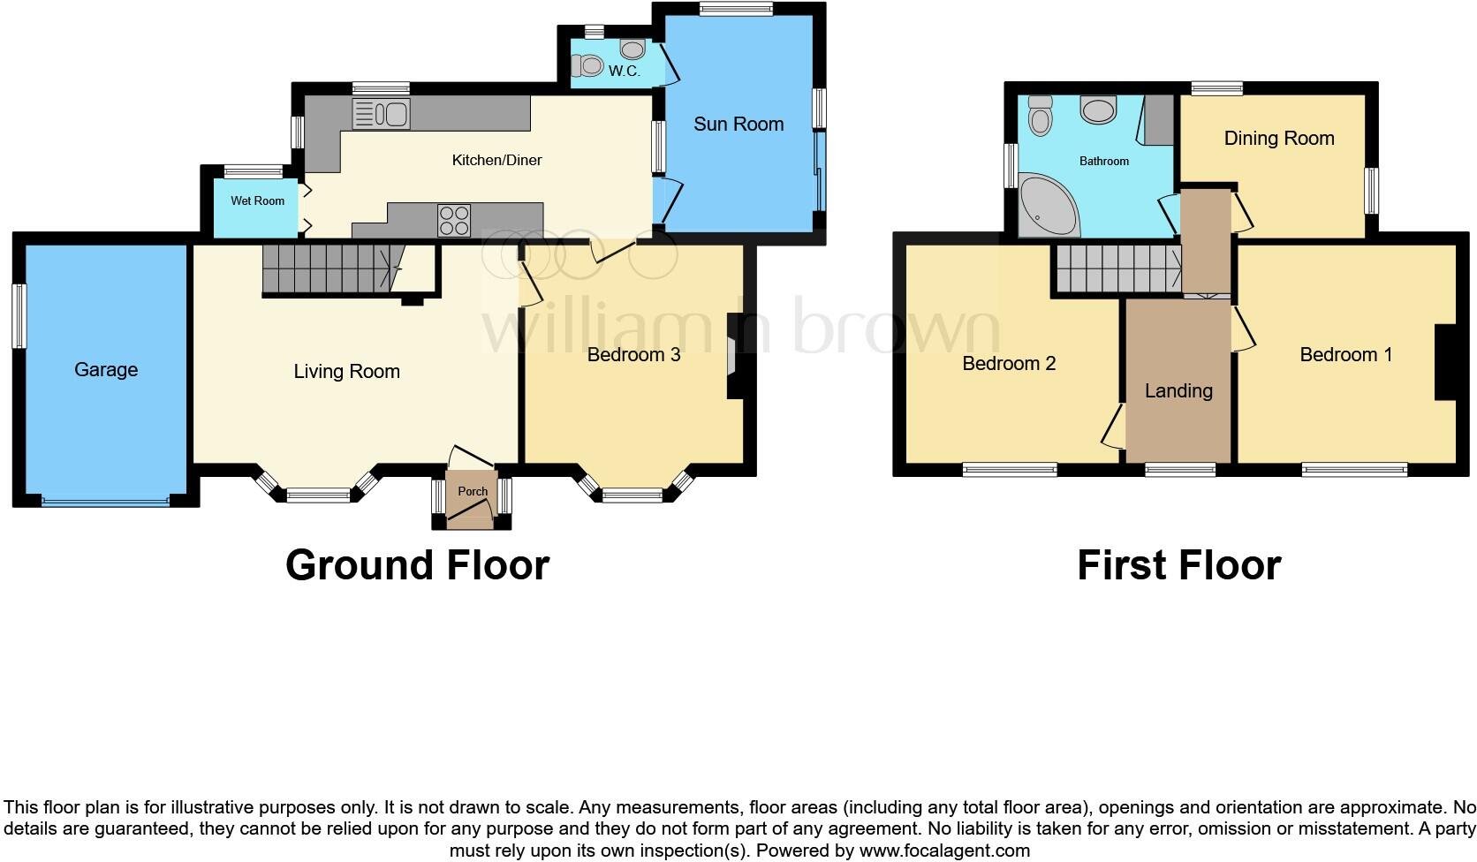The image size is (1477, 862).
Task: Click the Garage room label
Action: click(106, 370)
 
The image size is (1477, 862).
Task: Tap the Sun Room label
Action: click(738, 125)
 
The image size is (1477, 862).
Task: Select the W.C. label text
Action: click(625, 72)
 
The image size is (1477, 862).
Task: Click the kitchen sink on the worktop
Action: click(381, 114)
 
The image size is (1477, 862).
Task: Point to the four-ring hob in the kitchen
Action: click(454, 220)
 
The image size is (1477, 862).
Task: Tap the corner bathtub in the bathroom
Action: click(1047, 207)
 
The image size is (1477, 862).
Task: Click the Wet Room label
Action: click(258, 201)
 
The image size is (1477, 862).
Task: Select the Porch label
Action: click(473, 491)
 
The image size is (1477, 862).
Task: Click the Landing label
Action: click(1178, 391)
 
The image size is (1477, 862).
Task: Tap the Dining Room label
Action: click(1278, 139)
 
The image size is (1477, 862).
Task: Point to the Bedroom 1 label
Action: click(1345, 355)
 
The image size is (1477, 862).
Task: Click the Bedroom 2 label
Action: click(1009, 364)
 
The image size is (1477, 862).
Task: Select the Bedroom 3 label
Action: click(633, 355)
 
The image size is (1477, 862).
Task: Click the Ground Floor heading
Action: click(417, 565)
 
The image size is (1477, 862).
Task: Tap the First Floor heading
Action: click(1178, 565)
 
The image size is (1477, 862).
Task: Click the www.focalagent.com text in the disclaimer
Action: click(944, 851)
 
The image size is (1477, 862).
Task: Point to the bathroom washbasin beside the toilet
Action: click(1099, 111)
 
